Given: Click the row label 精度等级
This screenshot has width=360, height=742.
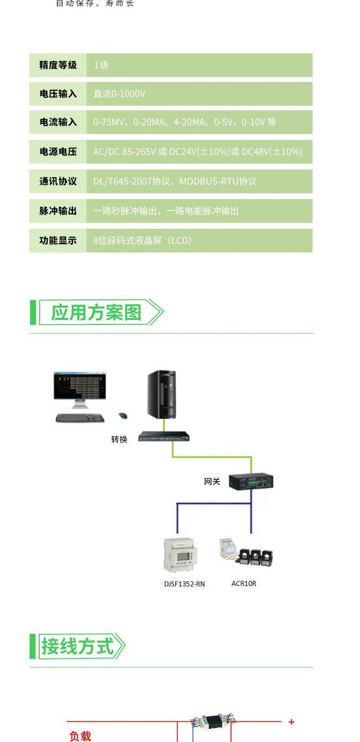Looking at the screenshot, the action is click(58, 65).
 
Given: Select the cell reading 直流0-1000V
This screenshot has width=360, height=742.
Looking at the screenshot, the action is click(119, 94).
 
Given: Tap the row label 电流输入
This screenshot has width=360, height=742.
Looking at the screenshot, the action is click(58, 122).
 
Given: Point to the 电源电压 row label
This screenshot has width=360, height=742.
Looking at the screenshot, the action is click(58, 152).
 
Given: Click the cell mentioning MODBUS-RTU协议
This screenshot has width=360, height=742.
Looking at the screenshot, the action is click(175, 181).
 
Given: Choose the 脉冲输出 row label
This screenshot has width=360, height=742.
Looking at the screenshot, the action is click(58, 211).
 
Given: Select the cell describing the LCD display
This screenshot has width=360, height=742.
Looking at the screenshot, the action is click(143, 240).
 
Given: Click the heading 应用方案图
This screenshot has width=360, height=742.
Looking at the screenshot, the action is click(96, 312).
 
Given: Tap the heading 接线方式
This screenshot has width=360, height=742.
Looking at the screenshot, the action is click(77, 646).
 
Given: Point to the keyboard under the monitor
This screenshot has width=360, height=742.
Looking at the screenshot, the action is click(80, 418).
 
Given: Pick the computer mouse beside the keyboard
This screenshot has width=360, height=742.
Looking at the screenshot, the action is click(123, 416).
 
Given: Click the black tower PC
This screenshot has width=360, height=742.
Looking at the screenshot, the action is click(161, 394).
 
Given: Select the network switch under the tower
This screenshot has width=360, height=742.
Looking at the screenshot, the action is click(164, 437).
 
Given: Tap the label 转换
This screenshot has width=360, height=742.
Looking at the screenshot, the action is click(119, 439).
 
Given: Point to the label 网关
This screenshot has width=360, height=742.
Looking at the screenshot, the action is click(212, 481).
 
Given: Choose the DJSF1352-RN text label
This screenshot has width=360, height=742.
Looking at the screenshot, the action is click(184, 584).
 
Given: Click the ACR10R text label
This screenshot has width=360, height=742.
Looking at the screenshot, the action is click(244, 584).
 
